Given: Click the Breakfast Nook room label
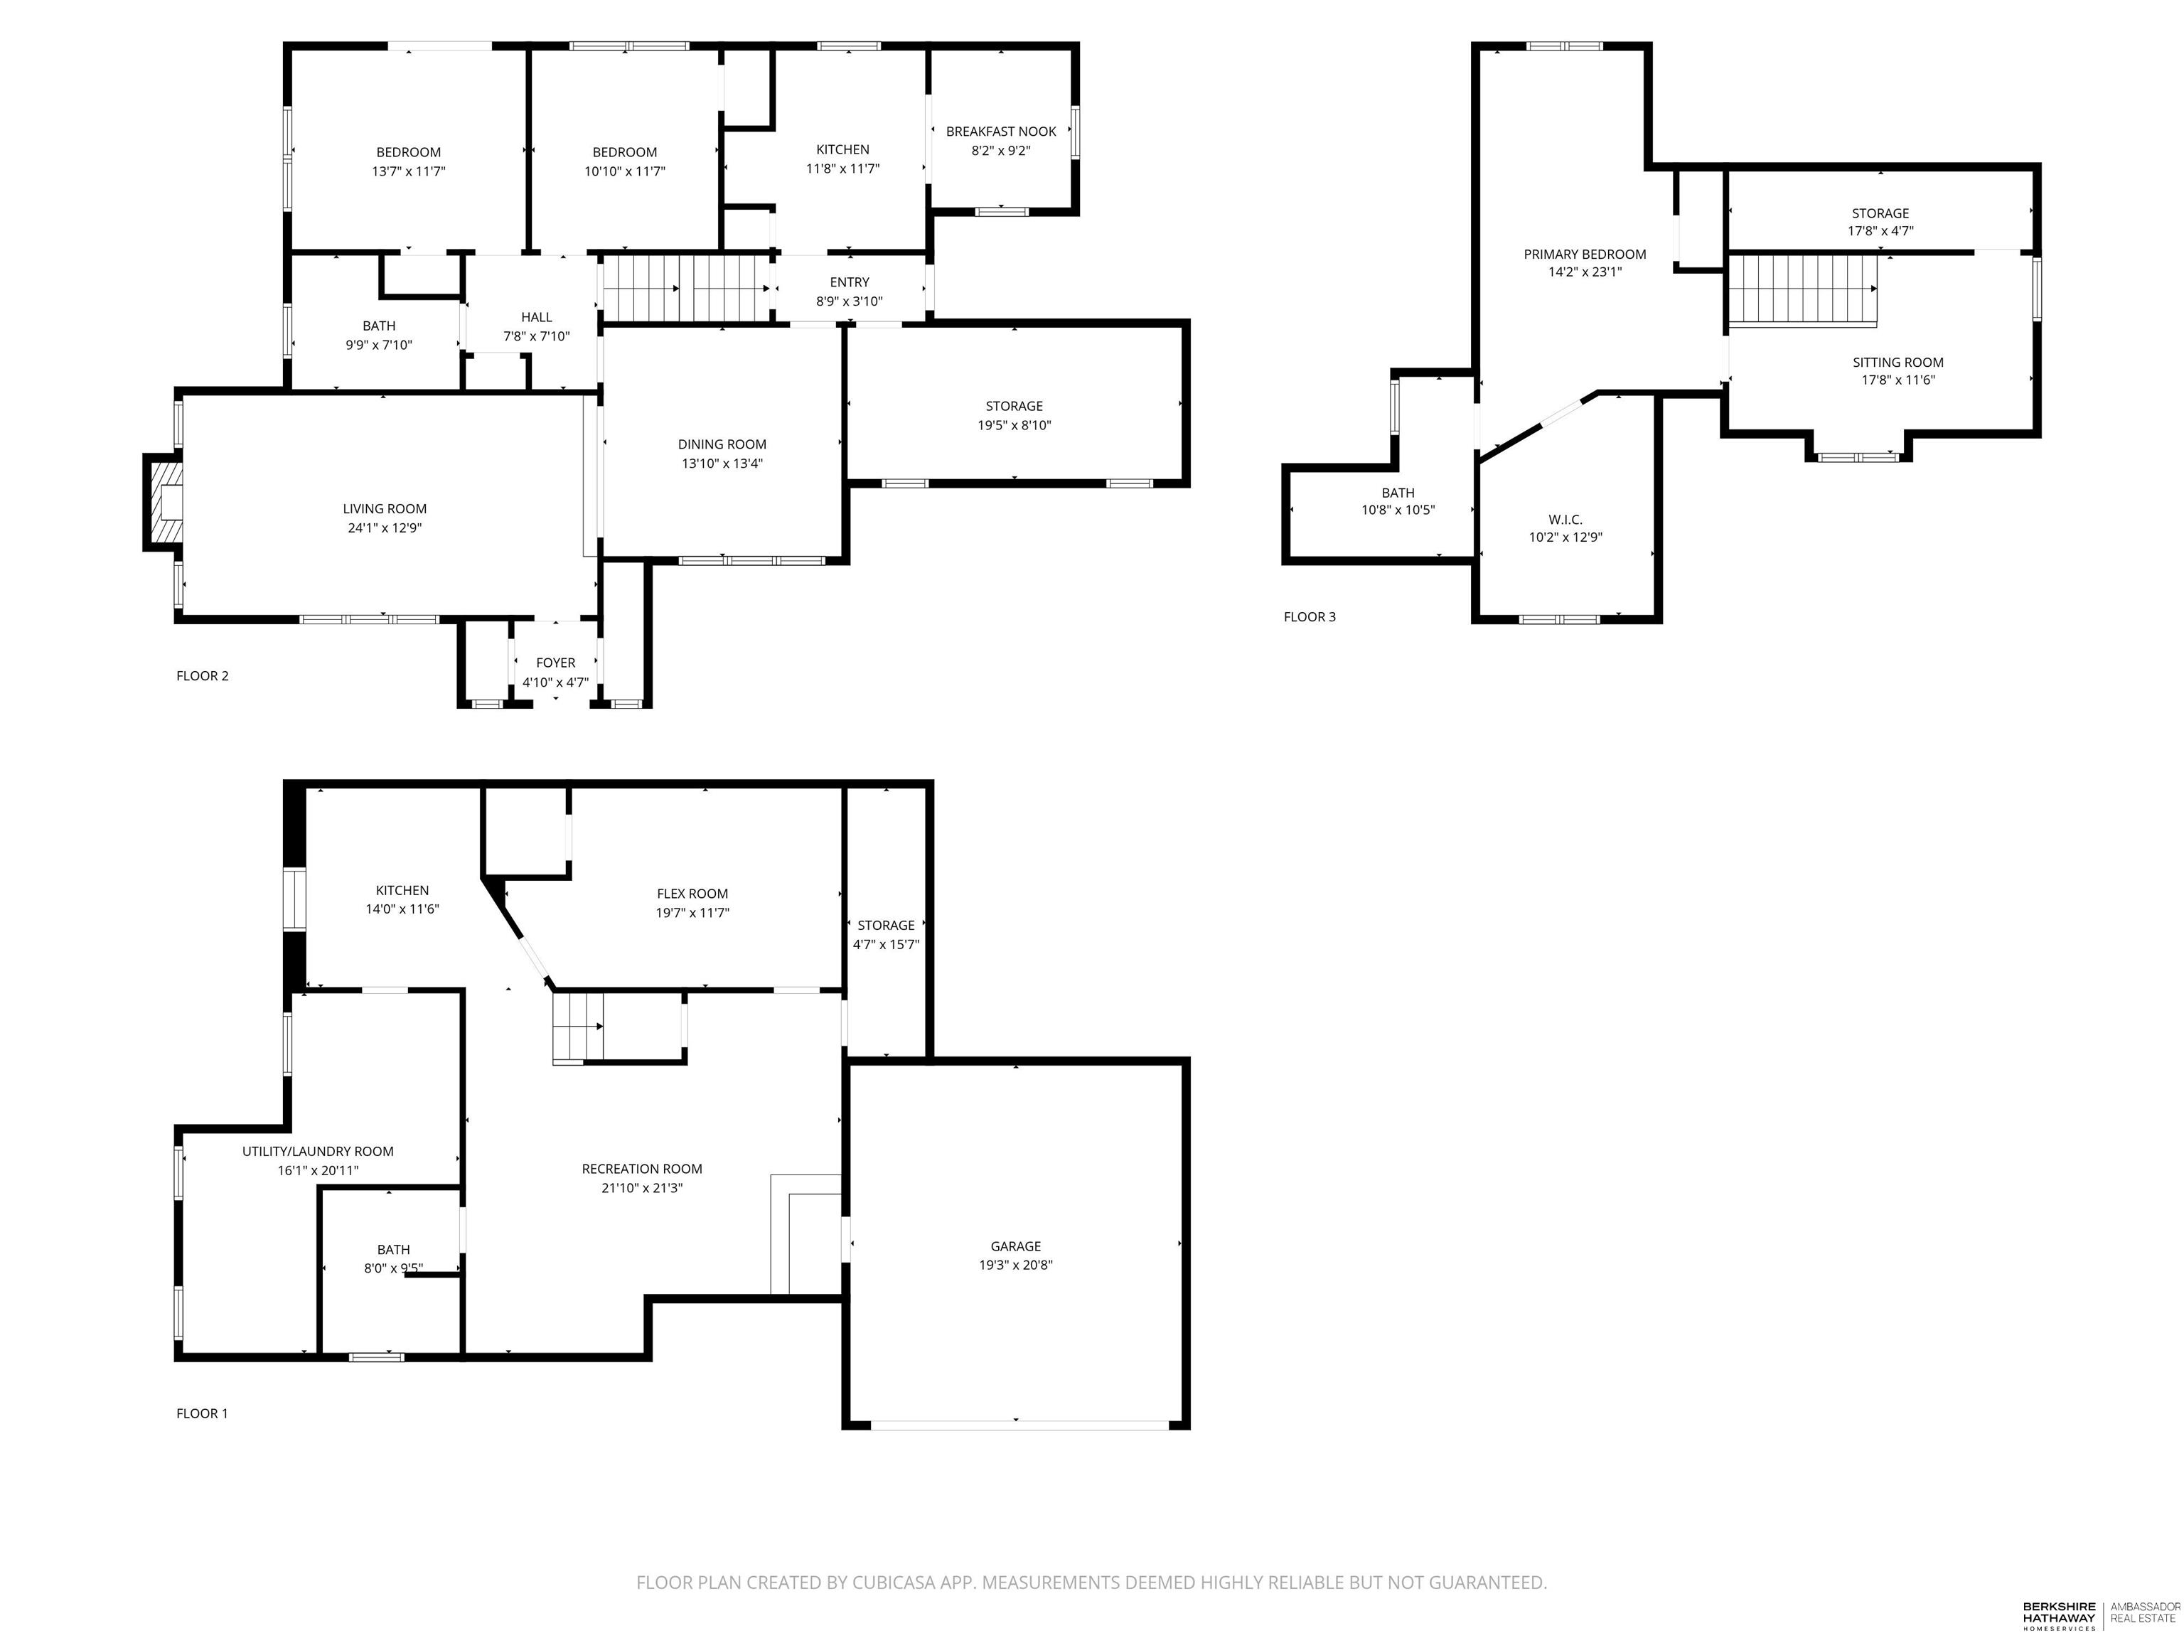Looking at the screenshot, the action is click(1000, 132).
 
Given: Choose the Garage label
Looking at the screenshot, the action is click(1015, 1246).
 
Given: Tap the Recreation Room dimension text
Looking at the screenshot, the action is click(642, 1188).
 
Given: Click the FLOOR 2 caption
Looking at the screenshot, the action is click(203, 675).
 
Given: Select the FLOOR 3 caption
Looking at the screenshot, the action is click(1310, 617).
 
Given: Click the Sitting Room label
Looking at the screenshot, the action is click(1897, 363).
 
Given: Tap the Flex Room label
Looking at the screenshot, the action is click(692, 894).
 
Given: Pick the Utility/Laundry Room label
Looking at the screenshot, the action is click(318, 1151).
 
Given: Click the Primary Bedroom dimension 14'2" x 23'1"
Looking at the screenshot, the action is click(1585, 272).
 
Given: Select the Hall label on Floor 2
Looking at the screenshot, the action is click(536, 317).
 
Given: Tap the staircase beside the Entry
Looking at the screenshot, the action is click(686, 289).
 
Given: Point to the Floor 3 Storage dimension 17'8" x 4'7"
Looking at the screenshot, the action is click(1880, 231).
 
